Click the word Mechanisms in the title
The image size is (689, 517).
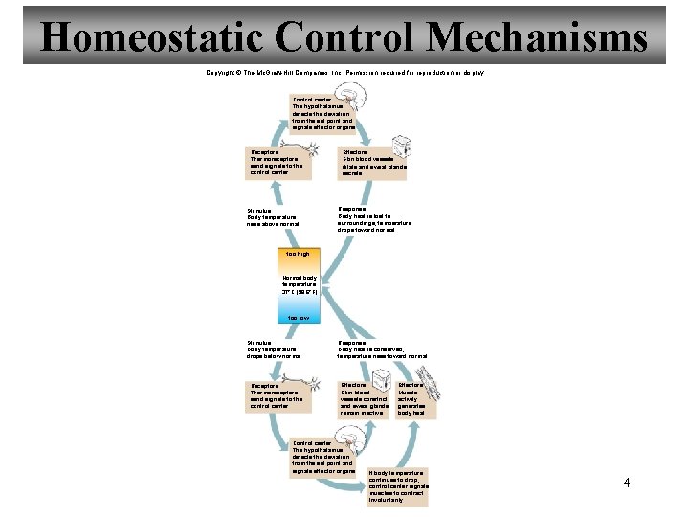pos(537,38)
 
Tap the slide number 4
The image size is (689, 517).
pos(627,482)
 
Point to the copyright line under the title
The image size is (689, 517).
pos(344,73)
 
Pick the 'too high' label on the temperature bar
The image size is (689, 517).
pos(298,254)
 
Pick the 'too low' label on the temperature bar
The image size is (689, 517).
pos(298,317)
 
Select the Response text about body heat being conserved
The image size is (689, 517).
pos(382,348)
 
